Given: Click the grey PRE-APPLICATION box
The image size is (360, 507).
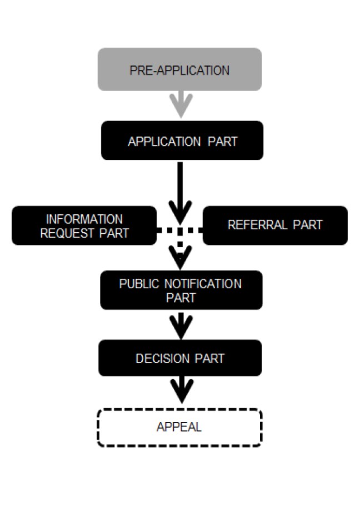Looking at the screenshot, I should [179, 69].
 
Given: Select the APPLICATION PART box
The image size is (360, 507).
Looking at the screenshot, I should [182, 140].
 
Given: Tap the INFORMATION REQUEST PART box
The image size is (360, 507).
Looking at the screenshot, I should [84, 225].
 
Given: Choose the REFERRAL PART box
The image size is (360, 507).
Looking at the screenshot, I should [275, 225].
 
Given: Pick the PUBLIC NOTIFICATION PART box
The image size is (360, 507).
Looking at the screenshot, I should [181, 290].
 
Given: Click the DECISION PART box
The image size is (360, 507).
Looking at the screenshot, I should [180, 358].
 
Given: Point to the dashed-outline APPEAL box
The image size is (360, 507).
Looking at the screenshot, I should [179, 428].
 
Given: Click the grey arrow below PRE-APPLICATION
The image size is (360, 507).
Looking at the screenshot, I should [181, 104].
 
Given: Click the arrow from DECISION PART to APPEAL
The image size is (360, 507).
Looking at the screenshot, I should [181, 390].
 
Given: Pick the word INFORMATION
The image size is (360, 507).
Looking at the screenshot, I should [84, 219].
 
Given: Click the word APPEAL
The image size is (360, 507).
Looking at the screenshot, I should [179, 428].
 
